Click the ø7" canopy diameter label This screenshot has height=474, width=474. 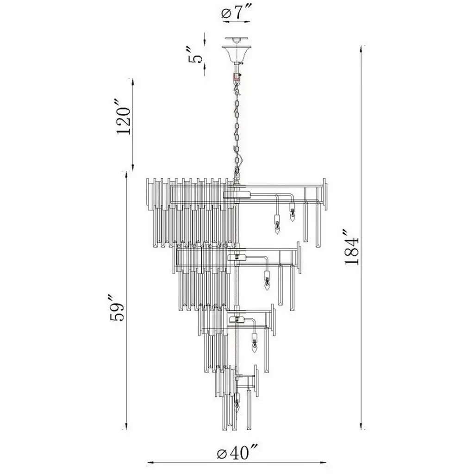click(x=235, y=13)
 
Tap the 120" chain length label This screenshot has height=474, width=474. click(x=124, y=116)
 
